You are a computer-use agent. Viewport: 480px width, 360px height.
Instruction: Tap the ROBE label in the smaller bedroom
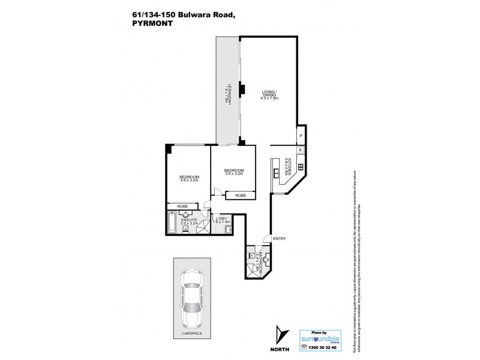240,195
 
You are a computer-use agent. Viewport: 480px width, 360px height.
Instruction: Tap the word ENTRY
280,239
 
